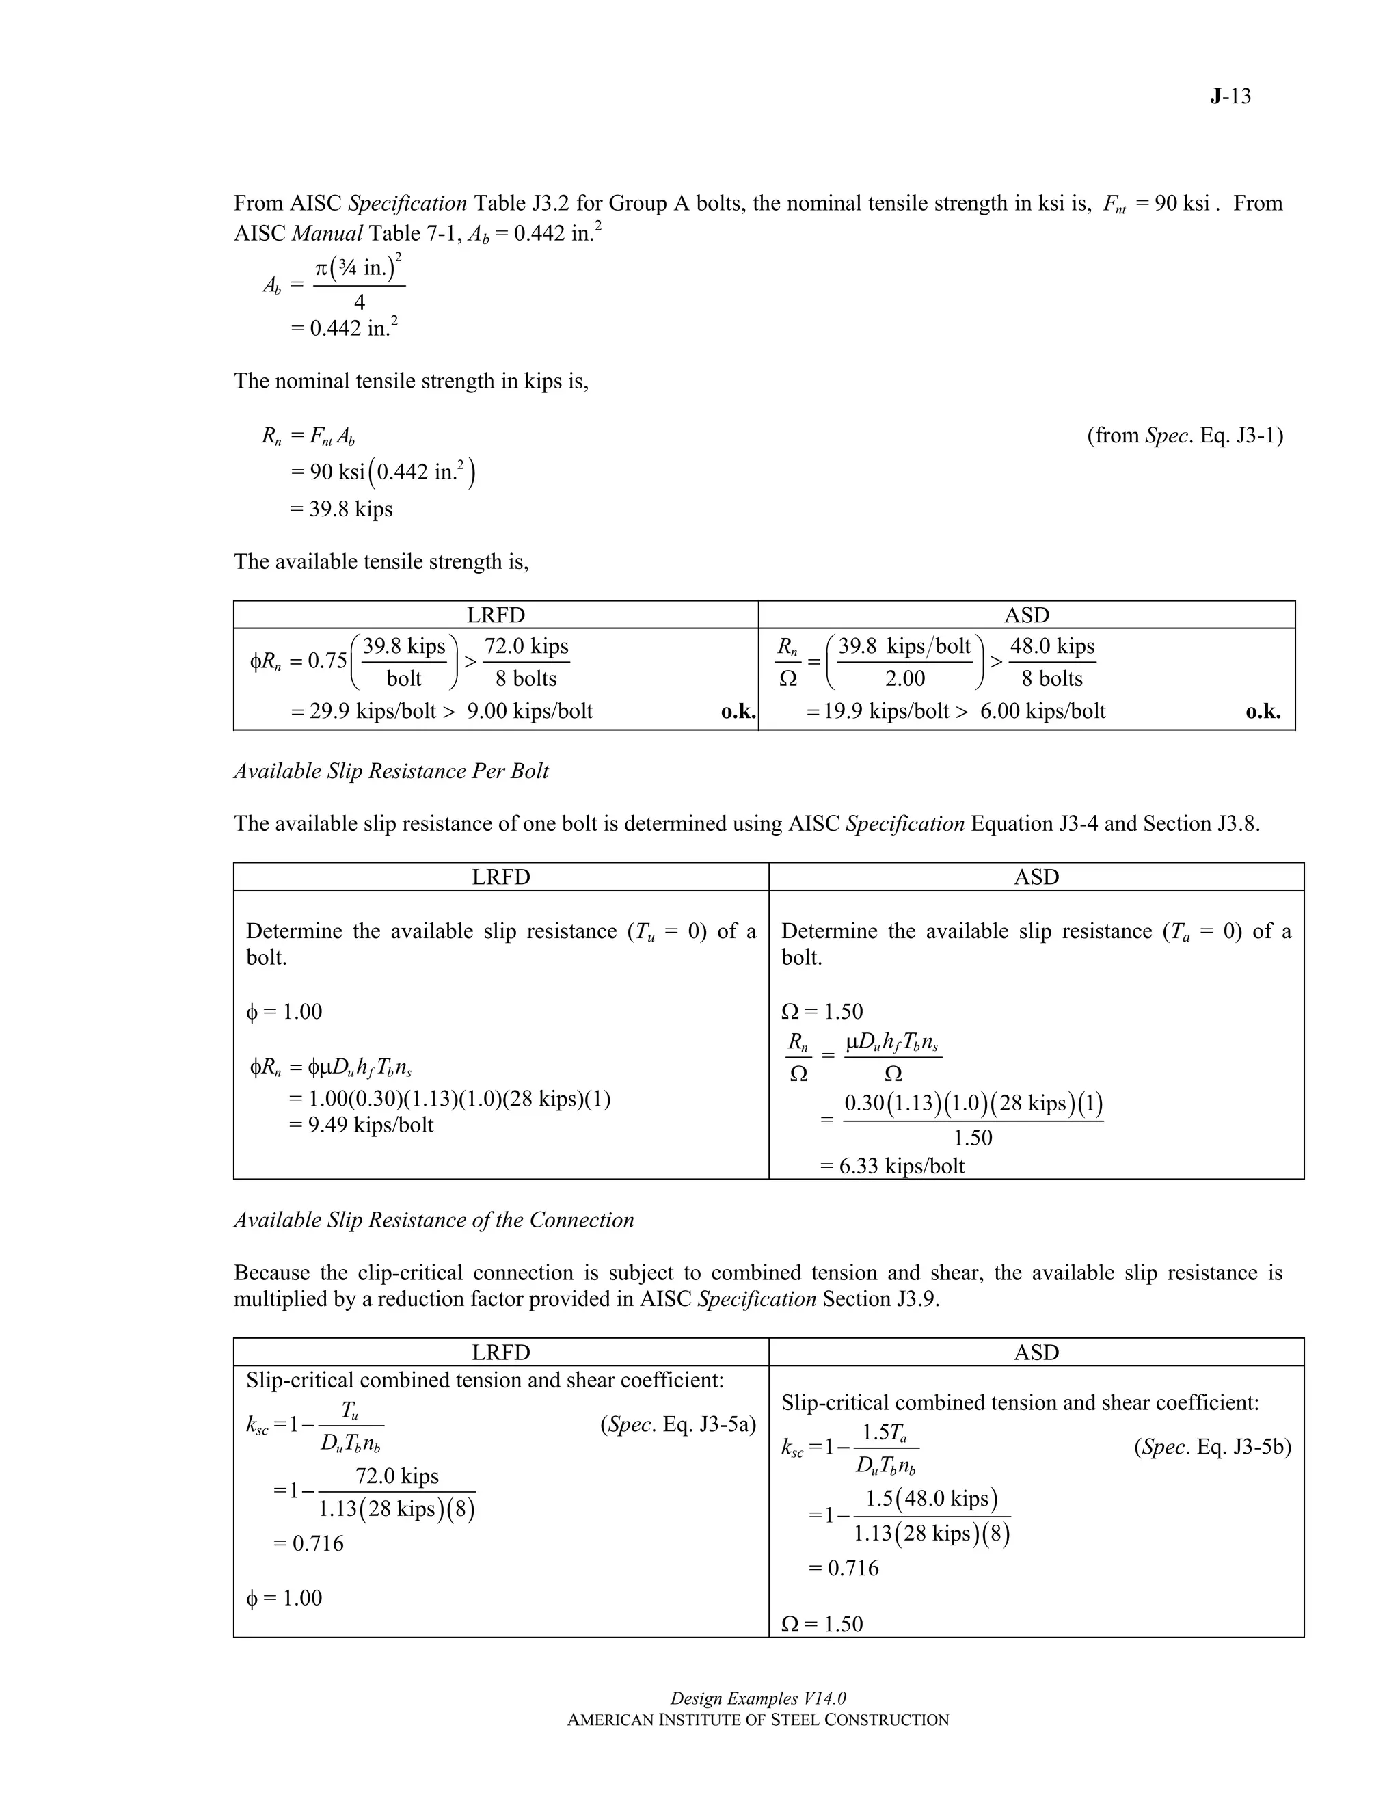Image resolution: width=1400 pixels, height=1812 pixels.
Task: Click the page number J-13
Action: pyautogui.click(x=1229, y=96)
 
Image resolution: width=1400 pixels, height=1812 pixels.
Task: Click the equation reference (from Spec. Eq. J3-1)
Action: pyautogui.click(x=1185, y=435)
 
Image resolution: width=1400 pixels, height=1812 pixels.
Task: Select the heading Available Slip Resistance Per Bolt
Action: pyautogui.click(x=390, y=771)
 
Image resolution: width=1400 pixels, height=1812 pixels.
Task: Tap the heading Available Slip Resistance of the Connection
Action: pyautogui.click(x=434, y=1220)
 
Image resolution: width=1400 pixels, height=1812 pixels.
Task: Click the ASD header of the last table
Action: pyautogui.click(x=1036, y=1353)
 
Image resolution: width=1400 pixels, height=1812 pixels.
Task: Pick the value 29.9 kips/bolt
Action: pyautogui.click(x=373, y=711)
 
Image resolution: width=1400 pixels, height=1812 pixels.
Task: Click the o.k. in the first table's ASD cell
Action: pyautogui.click(x=1263, y=711)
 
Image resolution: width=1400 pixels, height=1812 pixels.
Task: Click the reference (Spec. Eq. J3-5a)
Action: pyautogui.click(x=677, y=1424)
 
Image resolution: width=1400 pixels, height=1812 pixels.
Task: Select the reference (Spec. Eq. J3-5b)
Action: pyautogui.click(x=1212, y=1447)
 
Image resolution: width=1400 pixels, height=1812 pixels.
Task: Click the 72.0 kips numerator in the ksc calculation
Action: pyautogui.click(x=396, y=1476)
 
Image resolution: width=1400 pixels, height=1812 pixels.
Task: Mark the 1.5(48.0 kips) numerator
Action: pyautogui.click(x=930, y=1498)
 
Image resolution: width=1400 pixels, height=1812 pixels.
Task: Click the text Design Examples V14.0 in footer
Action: pyautogui.click(x=757, y=1698)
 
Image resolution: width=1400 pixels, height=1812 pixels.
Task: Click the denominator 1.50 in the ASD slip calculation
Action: pyautogui.click(x=972, y=1138)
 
